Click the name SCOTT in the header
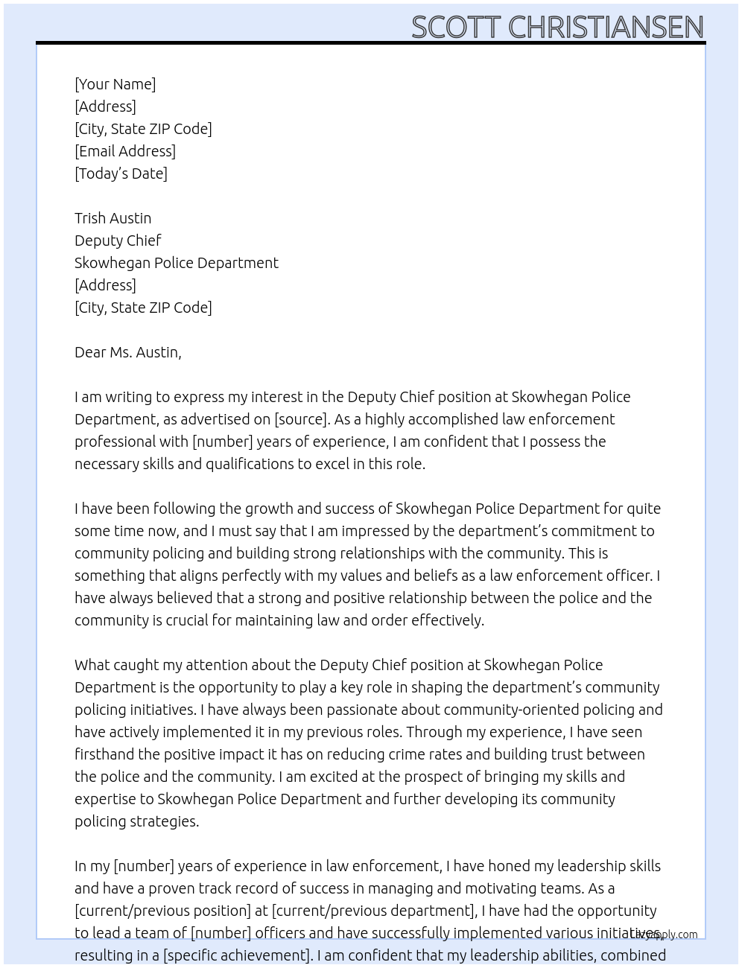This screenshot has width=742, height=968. click(x=455, y=28)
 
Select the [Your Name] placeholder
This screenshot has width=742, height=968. click(x=115, y=84)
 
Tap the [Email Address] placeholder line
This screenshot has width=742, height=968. click(x=125, y=151)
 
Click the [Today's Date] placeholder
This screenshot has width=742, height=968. click(x=121, y=173)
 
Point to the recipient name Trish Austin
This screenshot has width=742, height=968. click(x=112, y=218)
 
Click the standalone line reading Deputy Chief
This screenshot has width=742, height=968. click(x=118, y=241)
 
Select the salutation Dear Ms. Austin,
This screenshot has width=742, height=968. click(x=127, y=352)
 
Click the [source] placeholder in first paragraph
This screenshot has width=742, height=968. click(x=301, y=419)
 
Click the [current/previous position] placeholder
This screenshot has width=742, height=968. click(x=162, y=911)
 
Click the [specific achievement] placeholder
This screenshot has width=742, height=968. click(x=236, y=955)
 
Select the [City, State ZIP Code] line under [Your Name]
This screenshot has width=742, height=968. click(x=143, y=129)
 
